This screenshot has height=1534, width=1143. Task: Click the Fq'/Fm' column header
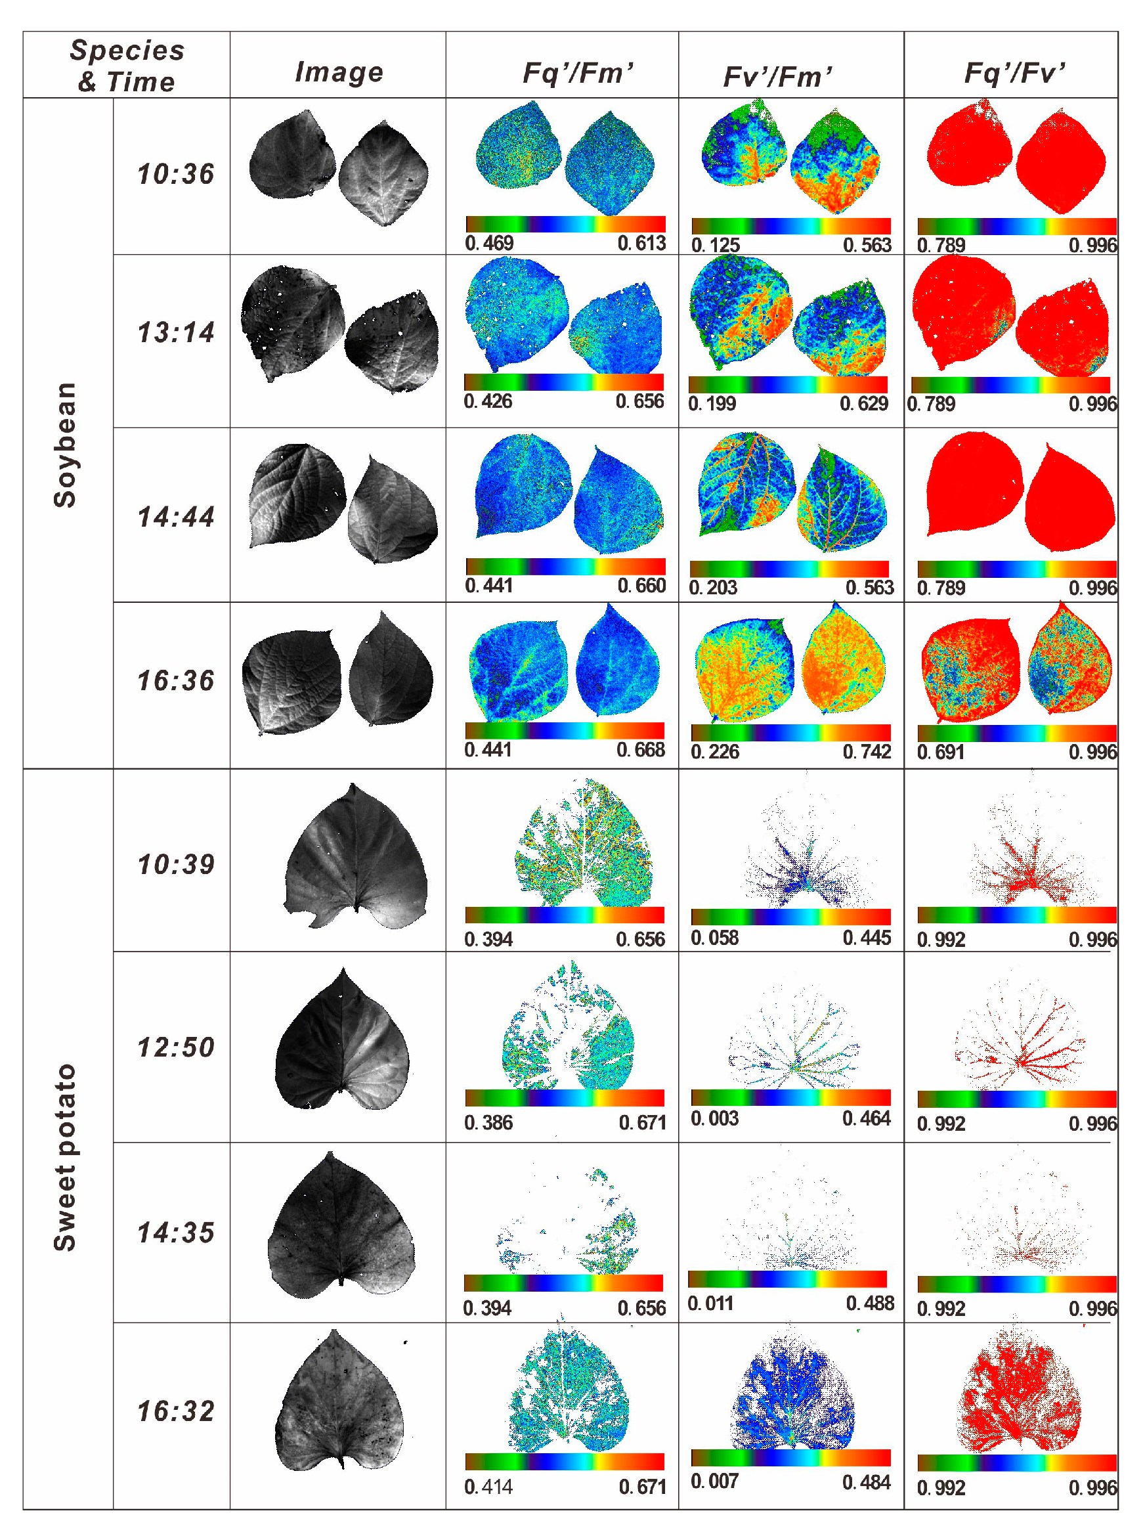578,72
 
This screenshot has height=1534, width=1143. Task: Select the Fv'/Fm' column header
777,76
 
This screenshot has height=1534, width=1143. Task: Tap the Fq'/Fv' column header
1014,72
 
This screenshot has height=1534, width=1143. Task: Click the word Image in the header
339,72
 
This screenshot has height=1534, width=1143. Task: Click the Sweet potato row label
65,1156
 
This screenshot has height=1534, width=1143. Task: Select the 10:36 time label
176,173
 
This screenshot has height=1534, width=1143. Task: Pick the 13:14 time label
176,332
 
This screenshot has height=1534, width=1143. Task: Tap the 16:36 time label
176,680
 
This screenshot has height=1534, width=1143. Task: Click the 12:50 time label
176,1047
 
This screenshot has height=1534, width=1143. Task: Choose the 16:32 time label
176,1411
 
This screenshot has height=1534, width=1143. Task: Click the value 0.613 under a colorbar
641,243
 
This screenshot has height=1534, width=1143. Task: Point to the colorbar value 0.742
866,751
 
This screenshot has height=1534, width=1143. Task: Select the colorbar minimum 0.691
940,751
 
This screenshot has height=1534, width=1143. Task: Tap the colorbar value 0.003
715,1118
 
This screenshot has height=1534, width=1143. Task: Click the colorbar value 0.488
870,1303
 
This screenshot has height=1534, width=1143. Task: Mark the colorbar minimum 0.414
488,1486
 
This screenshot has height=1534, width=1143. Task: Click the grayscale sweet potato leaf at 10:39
356,856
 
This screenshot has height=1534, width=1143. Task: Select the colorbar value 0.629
863,403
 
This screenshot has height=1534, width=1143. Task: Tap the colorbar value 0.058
715,938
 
